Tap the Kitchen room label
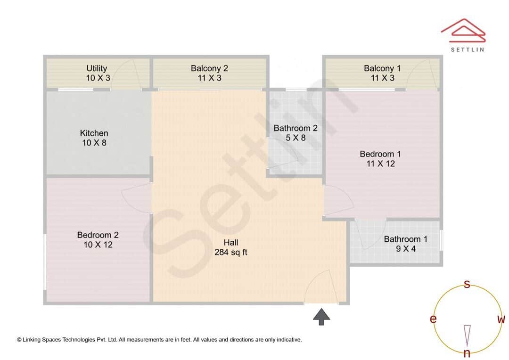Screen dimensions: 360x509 point(94,138)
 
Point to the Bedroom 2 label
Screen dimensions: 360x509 point(98,240)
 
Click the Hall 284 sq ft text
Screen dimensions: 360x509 point(230,247)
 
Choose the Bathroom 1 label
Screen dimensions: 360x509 point(405,244)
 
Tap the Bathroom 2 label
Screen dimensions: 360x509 point(296,133)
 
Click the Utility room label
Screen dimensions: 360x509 point(97,73)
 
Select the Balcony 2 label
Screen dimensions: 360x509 point(209,73)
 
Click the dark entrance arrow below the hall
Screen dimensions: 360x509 point(321,317)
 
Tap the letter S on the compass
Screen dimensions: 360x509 point(467,284)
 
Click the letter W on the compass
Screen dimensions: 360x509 point(501,319)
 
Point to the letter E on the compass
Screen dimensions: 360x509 point(433,319)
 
